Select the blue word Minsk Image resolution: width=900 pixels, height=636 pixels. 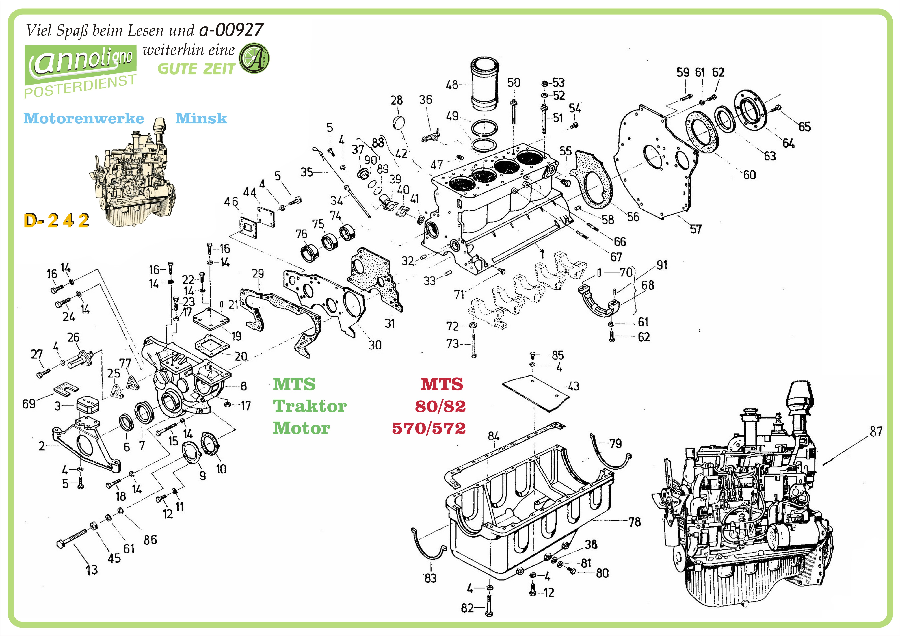[201, 118]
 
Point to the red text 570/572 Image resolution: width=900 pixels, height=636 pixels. [429, 428]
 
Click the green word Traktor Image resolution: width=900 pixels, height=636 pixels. [310, 406]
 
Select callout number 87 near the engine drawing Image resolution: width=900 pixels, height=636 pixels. [876, 432]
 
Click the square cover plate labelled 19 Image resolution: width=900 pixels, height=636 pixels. [211, 317]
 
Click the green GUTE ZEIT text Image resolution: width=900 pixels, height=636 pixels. [196, 69]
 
